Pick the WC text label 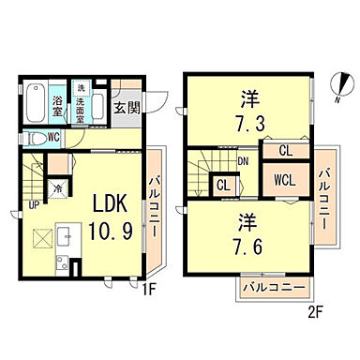[x=55, y=137]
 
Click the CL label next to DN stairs [x=223, y=185]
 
